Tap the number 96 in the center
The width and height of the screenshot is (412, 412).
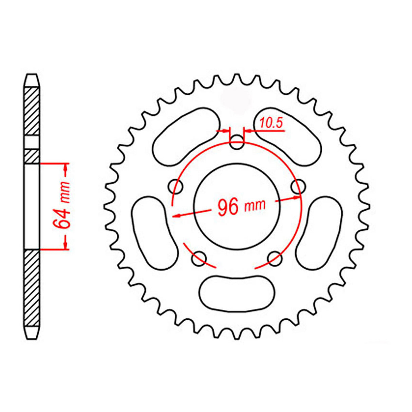click(x=228, y=207)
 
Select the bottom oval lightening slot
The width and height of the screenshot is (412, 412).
click(x=237, y=292)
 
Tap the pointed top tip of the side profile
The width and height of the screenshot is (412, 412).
click(x=32, y=75)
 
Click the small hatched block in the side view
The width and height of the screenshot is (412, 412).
click(x=32, y=156)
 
